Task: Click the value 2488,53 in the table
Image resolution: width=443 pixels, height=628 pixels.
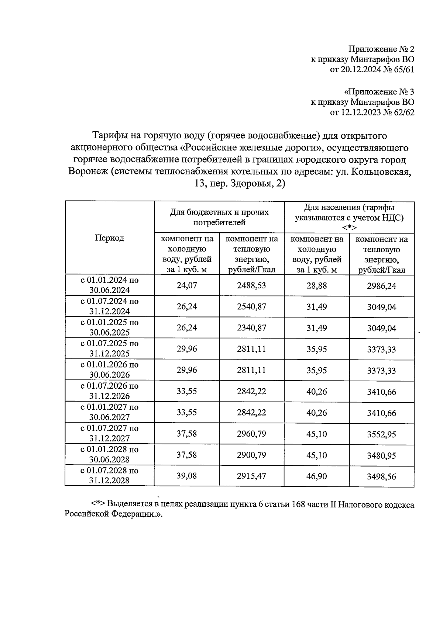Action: [x=251, y=285]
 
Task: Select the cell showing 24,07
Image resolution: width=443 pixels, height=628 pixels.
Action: [x=187, y=285]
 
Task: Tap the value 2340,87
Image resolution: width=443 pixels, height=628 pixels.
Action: [x=251, y=328]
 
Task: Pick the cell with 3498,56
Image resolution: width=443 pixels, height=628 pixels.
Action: [x=381, y=476]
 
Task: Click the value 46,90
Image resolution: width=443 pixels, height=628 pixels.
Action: [x=316, y=476]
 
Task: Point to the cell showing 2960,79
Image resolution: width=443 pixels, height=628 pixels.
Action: [x=251, y=434]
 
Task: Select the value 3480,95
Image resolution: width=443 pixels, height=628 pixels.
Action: [x=381, y=455]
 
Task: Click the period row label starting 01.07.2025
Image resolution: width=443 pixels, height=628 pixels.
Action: [x=109, y=348]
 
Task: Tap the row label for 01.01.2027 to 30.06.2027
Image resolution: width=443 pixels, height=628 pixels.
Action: [x=109, y=412]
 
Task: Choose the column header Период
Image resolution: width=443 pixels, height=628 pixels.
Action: [x=109, y=238]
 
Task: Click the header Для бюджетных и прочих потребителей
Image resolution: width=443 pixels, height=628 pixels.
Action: [x=219, y=217]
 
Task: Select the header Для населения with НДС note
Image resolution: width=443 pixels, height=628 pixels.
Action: [x=349, y=217]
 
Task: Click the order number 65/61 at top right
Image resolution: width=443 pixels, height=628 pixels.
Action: [x=403, y=69]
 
